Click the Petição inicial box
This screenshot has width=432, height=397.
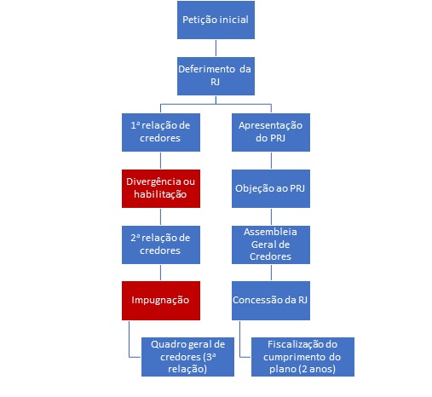click(216, 20)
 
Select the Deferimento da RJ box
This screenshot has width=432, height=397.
click(216, 76)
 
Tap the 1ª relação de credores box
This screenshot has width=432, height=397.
click(161, 132)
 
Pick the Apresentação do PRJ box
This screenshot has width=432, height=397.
click(271, 132)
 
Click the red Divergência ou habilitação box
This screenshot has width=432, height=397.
click(161, 188)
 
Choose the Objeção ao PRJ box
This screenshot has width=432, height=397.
click(271, 188)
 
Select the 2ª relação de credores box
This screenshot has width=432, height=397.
click(161, 245)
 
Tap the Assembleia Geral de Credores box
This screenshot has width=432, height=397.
click(271, 245)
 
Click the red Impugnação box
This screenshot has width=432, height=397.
click(161, 301)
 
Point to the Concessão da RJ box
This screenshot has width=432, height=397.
click(271, 301)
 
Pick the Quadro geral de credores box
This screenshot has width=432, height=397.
click(187, 357)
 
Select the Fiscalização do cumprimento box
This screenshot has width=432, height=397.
click(302, 357)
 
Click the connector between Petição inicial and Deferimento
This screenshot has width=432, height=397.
click(216, 49)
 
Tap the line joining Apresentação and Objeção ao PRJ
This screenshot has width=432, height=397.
click(271, 161)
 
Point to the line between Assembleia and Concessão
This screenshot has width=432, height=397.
click(271, 273)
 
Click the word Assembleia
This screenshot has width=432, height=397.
click(270, 232)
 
